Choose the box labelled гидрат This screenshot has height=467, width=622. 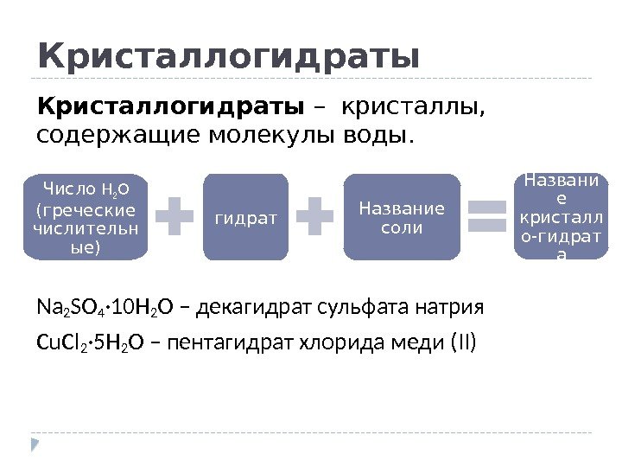246,216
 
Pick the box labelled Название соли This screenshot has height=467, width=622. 402,216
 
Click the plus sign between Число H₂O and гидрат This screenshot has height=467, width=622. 175,216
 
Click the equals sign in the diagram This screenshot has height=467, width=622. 486,216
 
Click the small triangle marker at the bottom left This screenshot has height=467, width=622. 35,445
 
